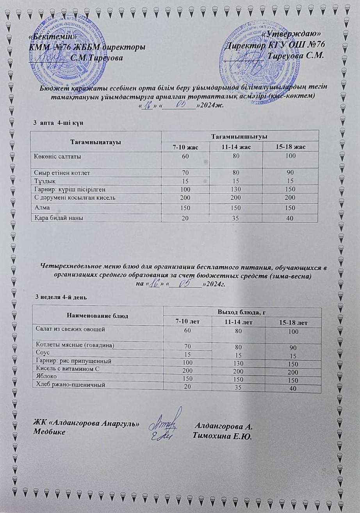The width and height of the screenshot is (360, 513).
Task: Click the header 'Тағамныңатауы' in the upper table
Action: (96, 141)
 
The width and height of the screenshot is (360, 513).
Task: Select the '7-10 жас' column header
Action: (185, 147)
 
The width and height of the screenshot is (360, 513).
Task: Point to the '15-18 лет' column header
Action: (293, 323)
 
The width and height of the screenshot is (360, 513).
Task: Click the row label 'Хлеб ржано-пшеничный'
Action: (70, 385)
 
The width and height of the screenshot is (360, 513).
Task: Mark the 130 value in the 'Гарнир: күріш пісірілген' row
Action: (236, 189)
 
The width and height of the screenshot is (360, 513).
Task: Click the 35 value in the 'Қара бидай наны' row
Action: (236, 218)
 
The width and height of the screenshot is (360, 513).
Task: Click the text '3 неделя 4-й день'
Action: (61, 297)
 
